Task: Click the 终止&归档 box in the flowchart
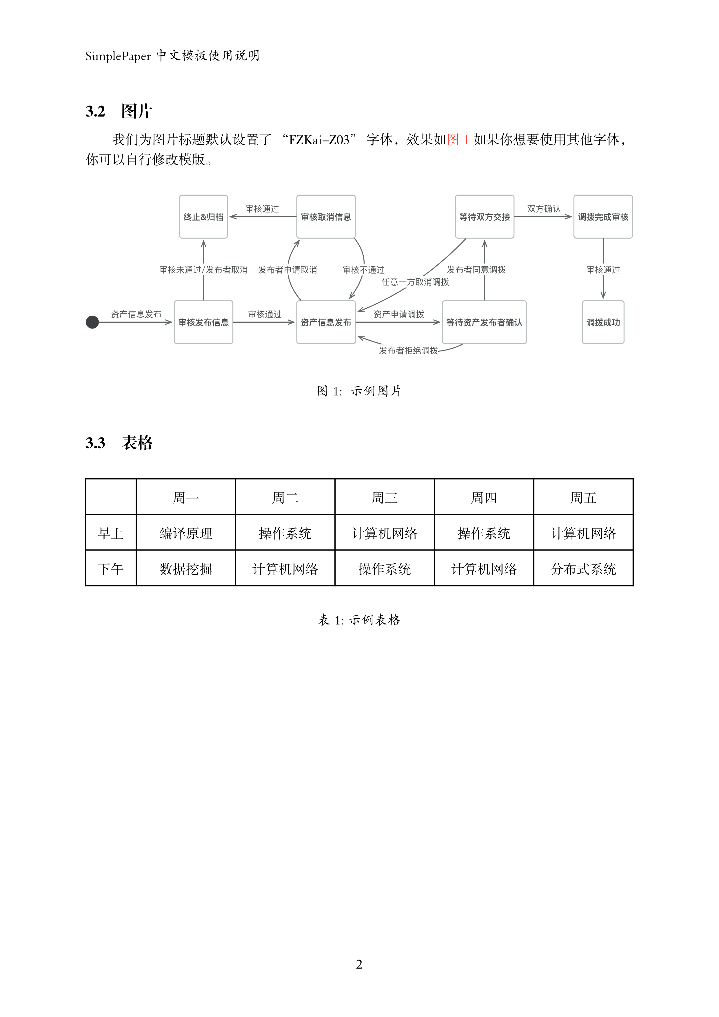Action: (203, 217)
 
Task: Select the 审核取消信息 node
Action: (326, 217)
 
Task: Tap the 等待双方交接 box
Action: (484, 217)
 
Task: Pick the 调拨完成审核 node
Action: (603, 217)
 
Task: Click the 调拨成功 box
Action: (603, 322)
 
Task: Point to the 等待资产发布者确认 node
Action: (484, 322)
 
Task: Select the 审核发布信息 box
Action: (203, 322)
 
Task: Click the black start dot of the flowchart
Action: (92, 322)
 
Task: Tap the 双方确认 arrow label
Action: (544, 209)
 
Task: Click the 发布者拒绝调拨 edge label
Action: (408, 350)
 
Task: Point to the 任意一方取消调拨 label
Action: (415, 282)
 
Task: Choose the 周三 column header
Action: (384, 497)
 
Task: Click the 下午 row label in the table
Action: (111, 569)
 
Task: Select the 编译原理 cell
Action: (186, 533)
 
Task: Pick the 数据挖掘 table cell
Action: (186, 569)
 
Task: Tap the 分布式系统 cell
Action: (583, 569)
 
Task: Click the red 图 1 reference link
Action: (458, 139)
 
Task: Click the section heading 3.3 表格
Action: (119, 442)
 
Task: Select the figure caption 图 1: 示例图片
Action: (359, 391)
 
